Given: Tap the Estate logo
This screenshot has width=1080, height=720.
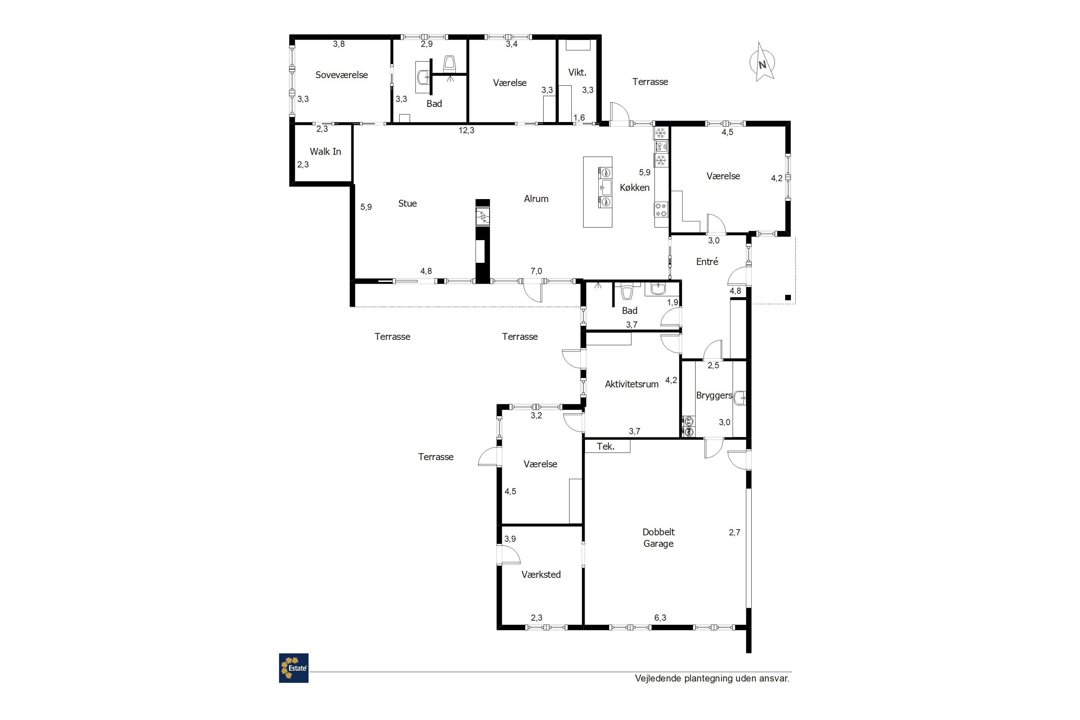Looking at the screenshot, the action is [293, 668].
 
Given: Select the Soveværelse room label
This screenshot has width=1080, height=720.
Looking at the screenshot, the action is [342, 75].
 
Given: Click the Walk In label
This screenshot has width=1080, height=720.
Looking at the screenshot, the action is [325, 152].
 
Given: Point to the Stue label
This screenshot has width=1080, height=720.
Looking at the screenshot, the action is [407, 203].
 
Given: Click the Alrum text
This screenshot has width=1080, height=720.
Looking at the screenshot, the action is [536, 199].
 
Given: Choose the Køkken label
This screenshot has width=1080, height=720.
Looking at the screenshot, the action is [635, 187].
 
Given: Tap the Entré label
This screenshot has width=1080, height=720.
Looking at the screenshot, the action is [707, 261].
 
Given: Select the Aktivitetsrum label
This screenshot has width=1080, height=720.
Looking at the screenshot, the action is [631, 384].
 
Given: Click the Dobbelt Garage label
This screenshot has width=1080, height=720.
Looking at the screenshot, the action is [658, 538].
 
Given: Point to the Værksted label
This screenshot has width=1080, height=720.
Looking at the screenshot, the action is [541, 575].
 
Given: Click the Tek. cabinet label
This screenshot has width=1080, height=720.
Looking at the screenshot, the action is [605, 446].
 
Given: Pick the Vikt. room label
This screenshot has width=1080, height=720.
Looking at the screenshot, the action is [577, 72].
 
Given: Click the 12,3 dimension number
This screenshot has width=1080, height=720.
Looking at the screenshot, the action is [466, 130].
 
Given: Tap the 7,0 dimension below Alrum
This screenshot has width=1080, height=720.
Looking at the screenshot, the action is [536, 271].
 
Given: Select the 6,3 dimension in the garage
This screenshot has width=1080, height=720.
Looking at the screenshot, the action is [660, 618].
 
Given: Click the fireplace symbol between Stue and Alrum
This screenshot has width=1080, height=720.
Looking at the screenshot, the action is [483, 217].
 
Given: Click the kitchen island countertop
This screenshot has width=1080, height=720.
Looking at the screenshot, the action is [597, 192].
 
